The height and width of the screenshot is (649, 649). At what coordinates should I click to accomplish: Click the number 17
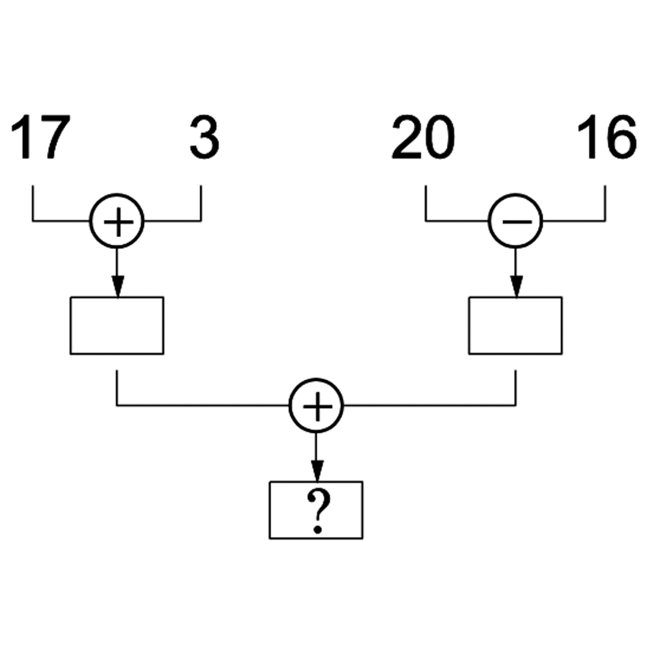39,138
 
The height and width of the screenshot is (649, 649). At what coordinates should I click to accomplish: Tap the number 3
204,138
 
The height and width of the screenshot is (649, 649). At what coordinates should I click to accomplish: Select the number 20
423,138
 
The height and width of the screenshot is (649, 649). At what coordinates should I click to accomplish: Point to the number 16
606,138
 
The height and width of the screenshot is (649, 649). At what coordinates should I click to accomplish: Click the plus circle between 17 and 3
117,221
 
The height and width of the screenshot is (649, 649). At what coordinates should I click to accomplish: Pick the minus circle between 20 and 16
515,221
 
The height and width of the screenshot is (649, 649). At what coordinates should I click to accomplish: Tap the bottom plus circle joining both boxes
316,405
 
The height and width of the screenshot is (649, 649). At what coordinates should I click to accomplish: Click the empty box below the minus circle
515,325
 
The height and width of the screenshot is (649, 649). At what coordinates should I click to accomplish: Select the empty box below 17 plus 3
117,325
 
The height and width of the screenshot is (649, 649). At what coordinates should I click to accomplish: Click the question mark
317,512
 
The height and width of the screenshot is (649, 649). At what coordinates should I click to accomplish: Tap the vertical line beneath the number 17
32,203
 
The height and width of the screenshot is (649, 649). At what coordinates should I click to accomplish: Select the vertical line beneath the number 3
201,203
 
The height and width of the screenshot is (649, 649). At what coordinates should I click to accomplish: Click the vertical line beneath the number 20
425,203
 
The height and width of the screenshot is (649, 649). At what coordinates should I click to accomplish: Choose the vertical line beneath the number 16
605,203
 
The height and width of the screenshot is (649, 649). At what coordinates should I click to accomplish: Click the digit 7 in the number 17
53,138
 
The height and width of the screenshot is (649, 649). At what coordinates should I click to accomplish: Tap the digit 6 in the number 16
620,138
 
